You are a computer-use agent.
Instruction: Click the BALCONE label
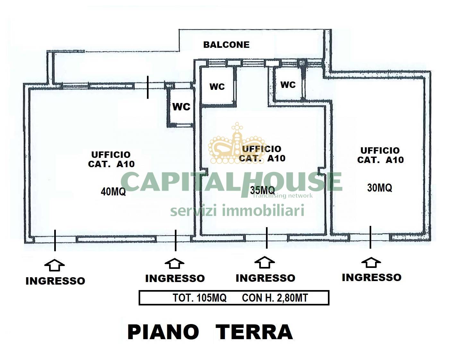tap(226, 45)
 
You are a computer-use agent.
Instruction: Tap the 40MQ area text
tap(113, 192)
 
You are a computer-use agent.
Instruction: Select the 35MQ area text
tap(262, 190)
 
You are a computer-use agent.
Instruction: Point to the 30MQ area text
tap(379, 187)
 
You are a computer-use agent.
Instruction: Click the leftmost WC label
tap(181, 107)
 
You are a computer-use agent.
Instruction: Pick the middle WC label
tap(217, 87)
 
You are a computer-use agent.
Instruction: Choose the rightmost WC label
tap(288, 85)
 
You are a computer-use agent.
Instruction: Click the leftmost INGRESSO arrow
tap(55, 265)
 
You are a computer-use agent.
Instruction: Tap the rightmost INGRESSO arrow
tap(371, 262)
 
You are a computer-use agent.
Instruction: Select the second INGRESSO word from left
tap(175, 278)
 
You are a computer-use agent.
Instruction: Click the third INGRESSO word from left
tap(265, 278)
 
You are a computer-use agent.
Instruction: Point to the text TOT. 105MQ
tap(200, 298)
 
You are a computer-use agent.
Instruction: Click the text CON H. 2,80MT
tap(275, 298)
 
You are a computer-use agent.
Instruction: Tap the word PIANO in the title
tap(163, 332)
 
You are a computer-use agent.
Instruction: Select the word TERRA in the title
tap(254, 332)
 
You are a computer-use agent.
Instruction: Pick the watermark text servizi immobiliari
tap(237, 211)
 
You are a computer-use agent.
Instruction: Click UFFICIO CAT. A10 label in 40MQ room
tap(111, 159)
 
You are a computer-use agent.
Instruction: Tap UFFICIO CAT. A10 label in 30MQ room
tap(380, 155)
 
